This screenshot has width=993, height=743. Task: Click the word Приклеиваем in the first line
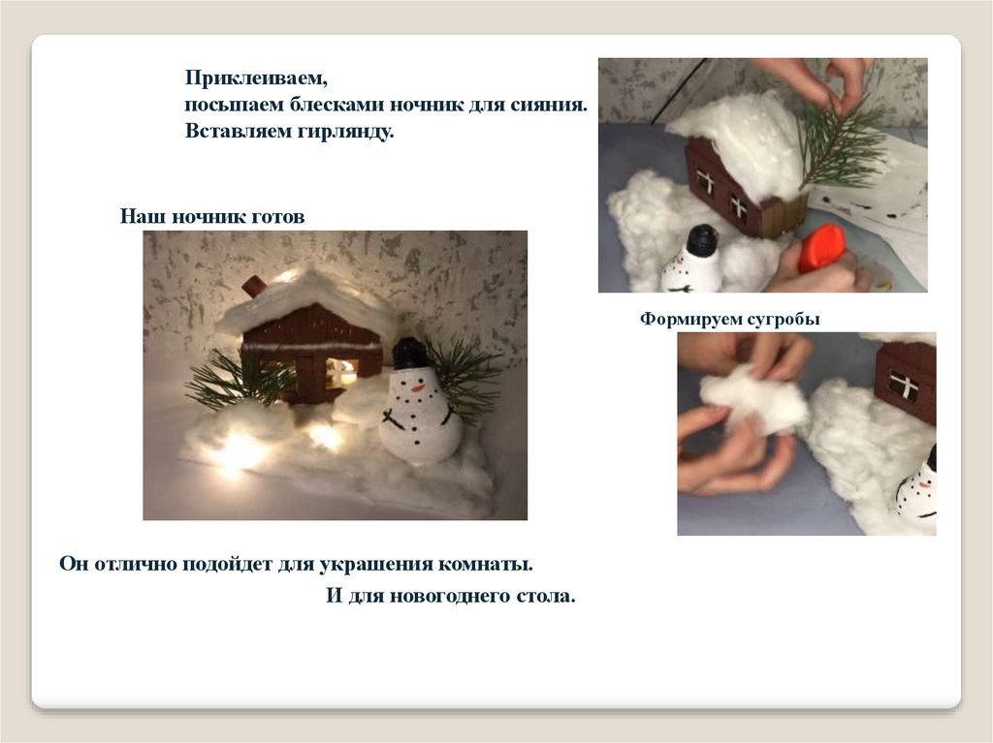click(x=255, y=78)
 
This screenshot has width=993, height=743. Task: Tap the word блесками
click(x=336, y=105)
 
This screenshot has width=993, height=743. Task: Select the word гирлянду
click(x=346, y=132)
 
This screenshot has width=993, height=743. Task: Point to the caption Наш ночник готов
click(x=212, y=216)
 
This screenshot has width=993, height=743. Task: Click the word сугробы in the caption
click(x=784, y=319)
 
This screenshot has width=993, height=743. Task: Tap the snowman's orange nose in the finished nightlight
click(x=417, y=387)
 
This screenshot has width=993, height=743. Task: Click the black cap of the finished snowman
click(x=409, y=354)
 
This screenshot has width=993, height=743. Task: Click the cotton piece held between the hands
click(x=754, y=400)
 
